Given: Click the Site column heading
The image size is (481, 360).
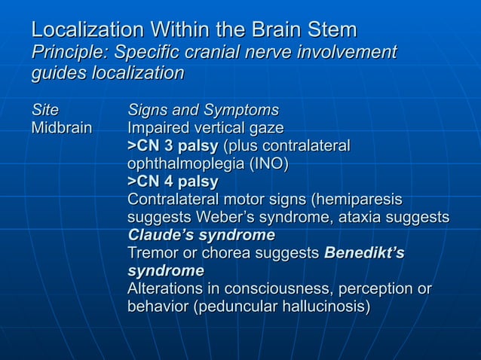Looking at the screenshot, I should tap(44, 110).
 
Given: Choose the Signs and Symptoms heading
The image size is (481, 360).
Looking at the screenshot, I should tap(203, 110).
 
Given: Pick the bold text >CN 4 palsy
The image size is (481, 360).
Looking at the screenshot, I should tap(173, 182).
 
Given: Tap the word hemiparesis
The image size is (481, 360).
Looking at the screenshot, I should tap(357, 200).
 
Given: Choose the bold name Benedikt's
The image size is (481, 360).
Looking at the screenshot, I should tap(363, 254).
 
